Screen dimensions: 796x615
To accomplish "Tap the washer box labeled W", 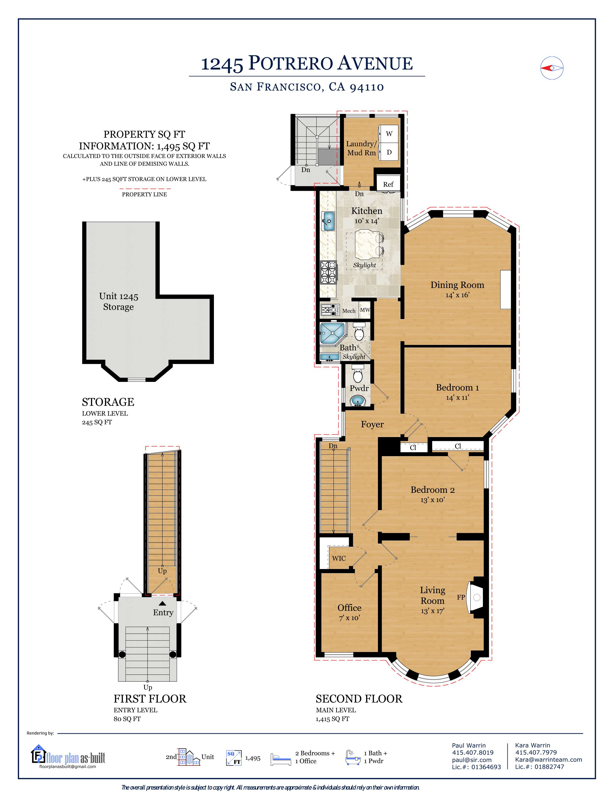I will pyautogui.click(x=389, y=134).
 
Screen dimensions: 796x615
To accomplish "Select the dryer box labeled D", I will pyautogui.click(x=389, y=152).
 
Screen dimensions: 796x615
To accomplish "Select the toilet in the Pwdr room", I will pyautogui.click(x=358, y=375).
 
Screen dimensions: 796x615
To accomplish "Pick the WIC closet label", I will pyautogui.click(x=338, y=558).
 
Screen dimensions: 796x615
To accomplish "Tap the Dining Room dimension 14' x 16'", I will pyautogui.click(x=457, y=295).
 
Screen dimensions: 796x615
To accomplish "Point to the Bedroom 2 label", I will pyautogui.click(x=432, y=489).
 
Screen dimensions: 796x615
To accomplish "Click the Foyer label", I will pyautogui.click(x=372, y=424).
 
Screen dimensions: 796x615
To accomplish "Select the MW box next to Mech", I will pyautogui.click(x=365, y=310).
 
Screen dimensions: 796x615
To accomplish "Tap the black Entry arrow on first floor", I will pyautogui.click(x=163, y=604).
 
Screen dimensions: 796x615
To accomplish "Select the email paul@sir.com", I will pyautogui.click(x=471, y=760).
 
